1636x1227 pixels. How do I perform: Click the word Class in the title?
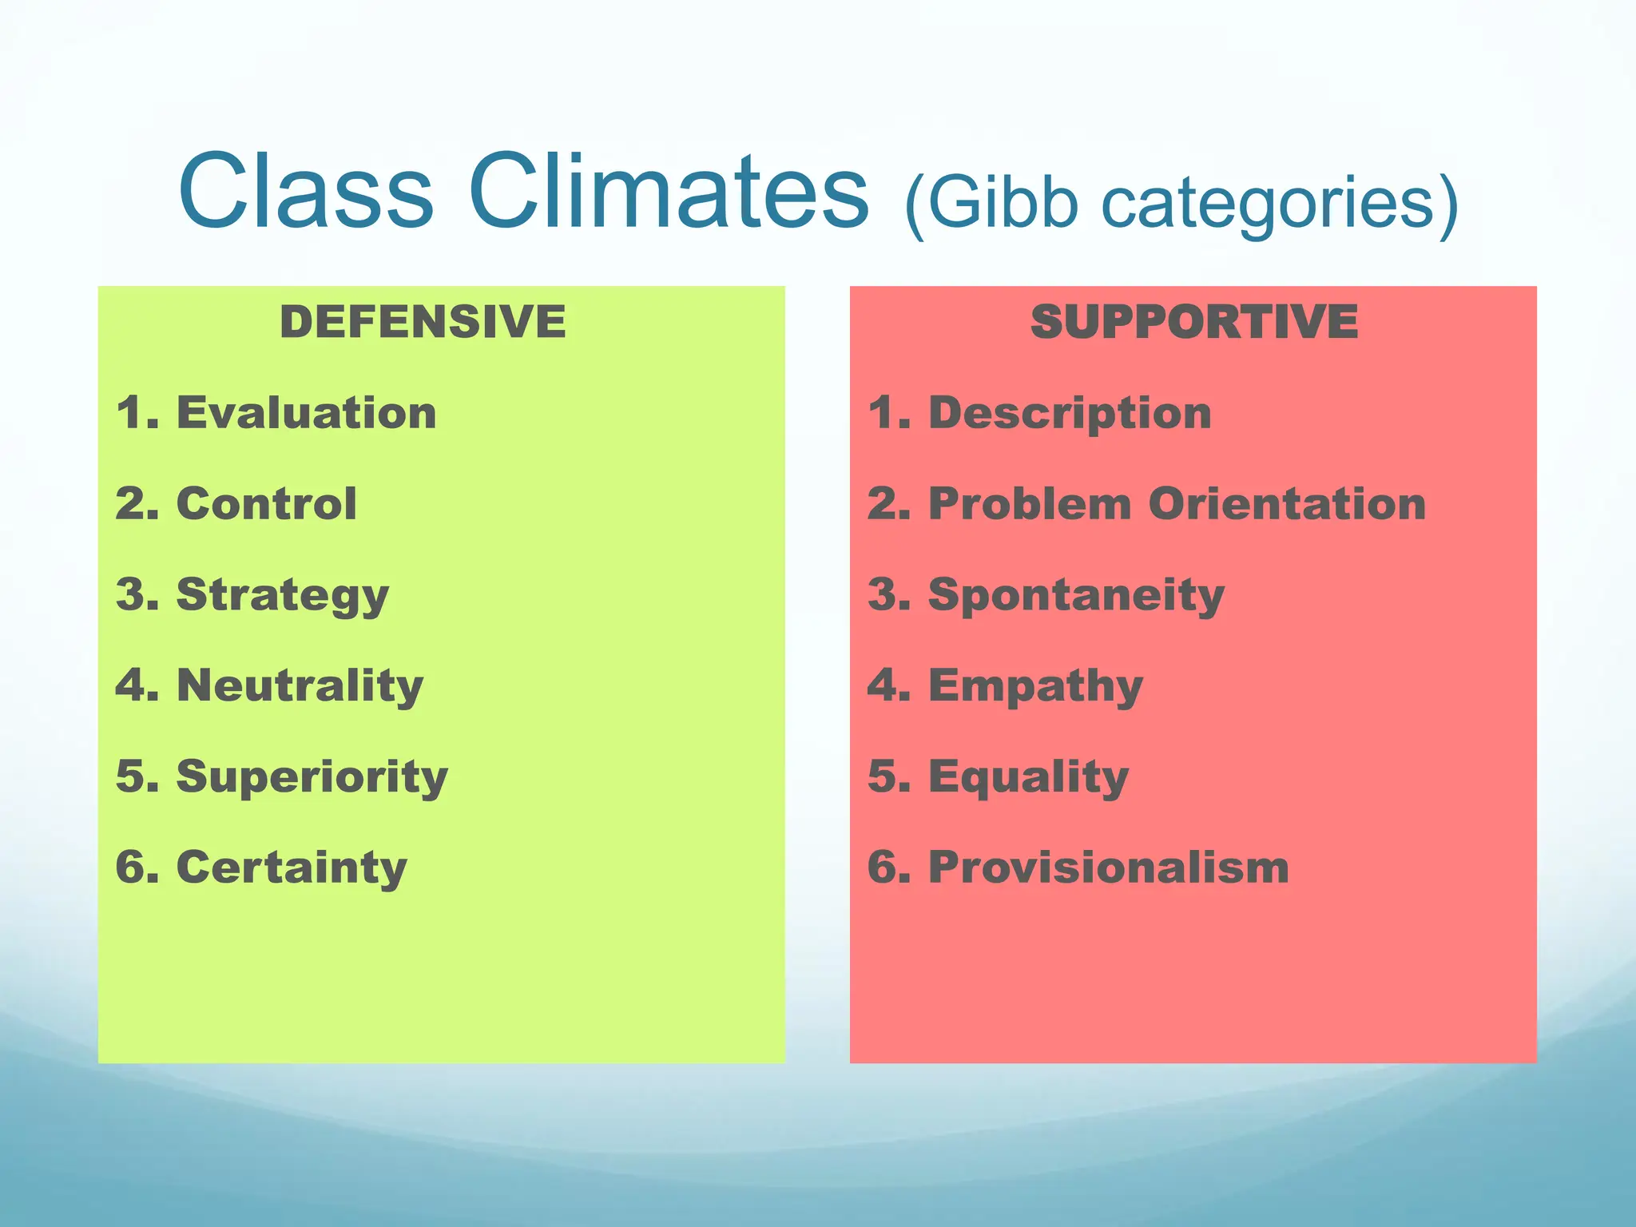[x=306, y=192]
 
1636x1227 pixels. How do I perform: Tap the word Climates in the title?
[x=668, y=192]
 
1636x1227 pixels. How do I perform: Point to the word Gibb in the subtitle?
[x=1002, y=204]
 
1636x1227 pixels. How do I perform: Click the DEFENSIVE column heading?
[x=423, y=322]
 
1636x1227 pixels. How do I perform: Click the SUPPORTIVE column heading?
[x=1194, y=322]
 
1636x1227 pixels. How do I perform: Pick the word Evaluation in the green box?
[x=306, y=413]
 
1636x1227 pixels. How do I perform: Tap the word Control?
[x=266, y=504]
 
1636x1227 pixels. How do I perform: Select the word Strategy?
[x=282, y=596]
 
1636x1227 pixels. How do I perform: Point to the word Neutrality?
[x=300, y=686]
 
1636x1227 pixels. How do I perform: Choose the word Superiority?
[x=312, y=777]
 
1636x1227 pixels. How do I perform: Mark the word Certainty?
[x=292, y=868]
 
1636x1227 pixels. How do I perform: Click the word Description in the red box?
[x=1070, y=415]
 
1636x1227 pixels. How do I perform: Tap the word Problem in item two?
[x=1030, y=504]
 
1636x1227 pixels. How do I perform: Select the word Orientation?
[x=1287, y=504]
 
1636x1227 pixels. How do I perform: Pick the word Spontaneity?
[x=1076, y=596]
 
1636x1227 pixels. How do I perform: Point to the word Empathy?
[x=1035, y=687]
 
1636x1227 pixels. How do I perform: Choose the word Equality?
[x=1028, y=778]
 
